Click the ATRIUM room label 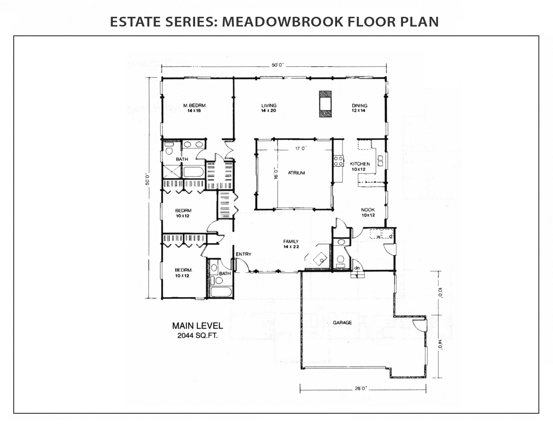click(296, 173)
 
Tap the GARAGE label click(342, 323)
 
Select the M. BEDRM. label click(194, 105)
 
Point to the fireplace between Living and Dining click(325, 104)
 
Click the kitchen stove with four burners click(339, 161)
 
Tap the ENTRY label click(243, 254)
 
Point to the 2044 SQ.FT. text click(197, 336)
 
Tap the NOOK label click(368, 210)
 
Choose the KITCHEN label click(360, 164)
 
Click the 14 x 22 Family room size click(291, 247)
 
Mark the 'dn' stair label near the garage click(357, 267)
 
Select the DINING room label click(359, 105)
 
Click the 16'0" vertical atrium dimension click(276, 173)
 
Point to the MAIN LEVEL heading click(197, 326)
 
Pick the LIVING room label click(269, 105)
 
